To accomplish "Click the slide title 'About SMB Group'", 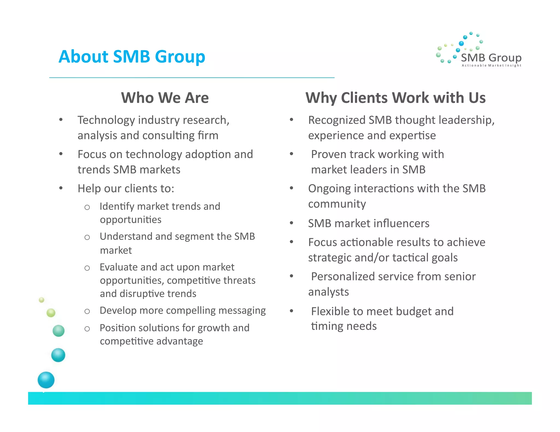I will pyautogui.click(x=132, y=57).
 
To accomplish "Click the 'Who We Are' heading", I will pyautogui.click(x=165, y=98).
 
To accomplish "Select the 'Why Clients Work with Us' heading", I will pyautogui.click(x=395, y=98).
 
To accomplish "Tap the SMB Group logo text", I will pyautogui.click(x=491, y=58).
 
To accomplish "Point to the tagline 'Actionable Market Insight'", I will pyautogui.click(x=491, y=66).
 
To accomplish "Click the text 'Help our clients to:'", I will pyautogui.click(x=126, y=189).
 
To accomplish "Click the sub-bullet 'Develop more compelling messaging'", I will pyautogui.click(x=183, y=311).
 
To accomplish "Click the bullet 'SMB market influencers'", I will pyautogui.click(x=369, y=224).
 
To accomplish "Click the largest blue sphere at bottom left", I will pyautogui.click(x=46, y=380).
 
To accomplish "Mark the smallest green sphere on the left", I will pyautogui.click(x=42, y=300).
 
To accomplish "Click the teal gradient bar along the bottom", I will pyautogui.click(x=280, y=398).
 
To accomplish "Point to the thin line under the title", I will pyautogui.click(x=192, y=78).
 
